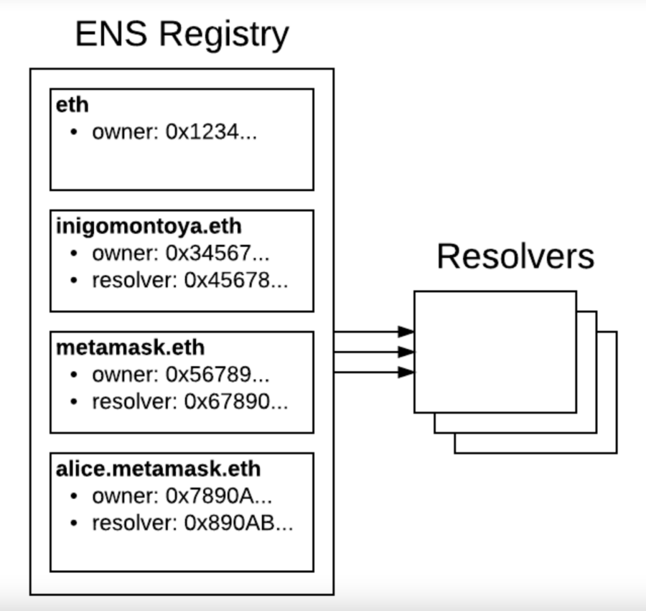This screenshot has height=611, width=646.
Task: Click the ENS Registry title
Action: pyautogui.click(x=182, y=35)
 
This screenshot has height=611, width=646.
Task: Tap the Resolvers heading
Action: pyautogui.click(x=515, y=256)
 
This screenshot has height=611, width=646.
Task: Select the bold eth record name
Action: pyautogui.click(x=72, y=105)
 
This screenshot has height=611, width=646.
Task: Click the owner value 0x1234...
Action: pyautogui.click(x=211, y=132)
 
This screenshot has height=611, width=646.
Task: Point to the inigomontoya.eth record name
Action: pyautogui.click(x=149, y=227)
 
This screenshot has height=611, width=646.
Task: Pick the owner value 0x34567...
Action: pyautogui.click(x=218, y=253)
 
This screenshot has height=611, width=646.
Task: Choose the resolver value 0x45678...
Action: pyautogui.click(x=236, y=280)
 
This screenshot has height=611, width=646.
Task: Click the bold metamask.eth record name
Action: pyautogui.click(x=130, y=348)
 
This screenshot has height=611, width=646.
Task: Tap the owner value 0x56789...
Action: pyautogui.click(x=218, y=374)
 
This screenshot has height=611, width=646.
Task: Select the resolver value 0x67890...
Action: pyautogui.click(x=236, y=401)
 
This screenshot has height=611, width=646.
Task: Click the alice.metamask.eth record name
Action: pyautogui.click(x=158, y=469)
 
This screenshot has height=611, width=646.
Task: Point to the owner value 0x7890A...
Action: pyautogui.click(x=219, y=496)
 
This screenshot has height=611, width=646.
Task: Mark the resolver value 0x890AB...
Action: pyautogui.click(x=238, y=523)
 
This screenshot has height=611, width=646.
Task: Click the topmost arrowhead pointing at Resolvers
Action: pyautogui.click(x=406, y=331)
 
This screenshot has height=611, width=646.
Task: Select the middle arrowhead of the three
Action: pyautogui.click(x=406, y=352)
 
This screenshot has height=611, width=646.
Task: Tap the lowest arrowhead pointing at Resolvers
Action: pyautogui.click(x=406, y=372)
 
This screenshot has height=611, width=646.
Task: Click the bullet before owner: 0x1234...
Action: pyautogui.click(x=74, y=133)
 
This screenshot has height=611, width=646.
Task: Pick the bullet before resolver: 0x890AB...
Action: pyautogui.click(x=74, y=524)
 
